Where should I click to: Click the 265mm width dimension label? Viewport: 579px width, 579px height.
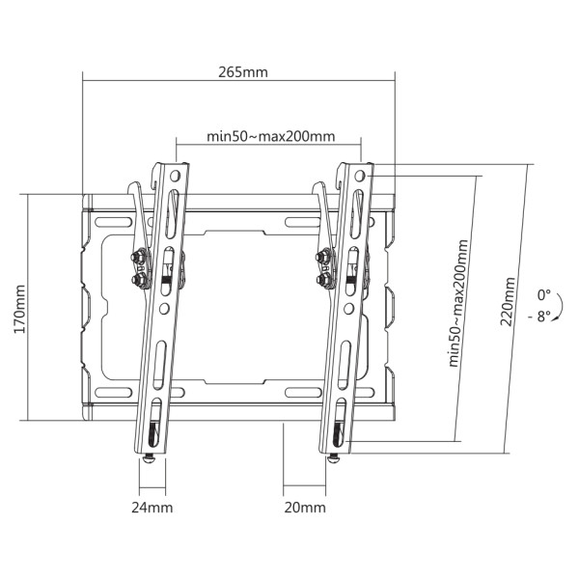point(242,72)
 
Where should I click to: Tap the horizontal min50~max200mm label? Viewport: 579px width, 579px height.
point(271,136)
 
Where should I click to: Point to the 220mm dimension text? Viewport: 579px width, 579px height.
point(507,302)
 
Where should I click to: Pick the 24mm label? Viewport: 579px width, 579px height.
point(153,507)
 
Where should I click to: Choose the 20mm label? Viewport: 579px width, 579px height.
point(306,507)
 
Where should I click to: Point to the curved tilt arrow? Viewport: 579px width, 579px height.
point(565,305)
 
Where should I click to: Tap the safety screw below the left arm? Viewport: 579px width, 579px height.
point(150,459)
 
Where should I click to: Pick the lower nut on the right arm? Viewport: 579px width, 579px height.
point(321,280)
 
